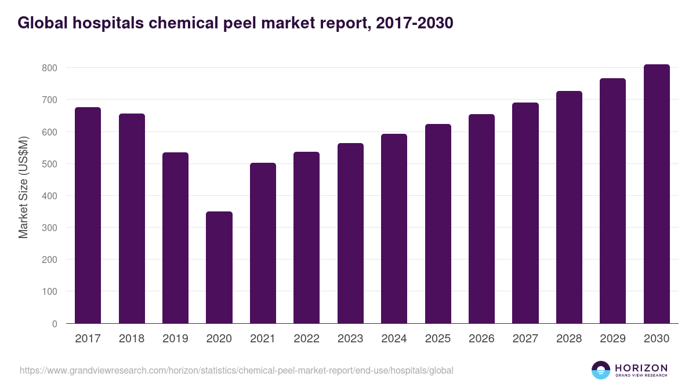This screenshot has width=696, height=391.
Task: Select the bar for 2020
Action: (x=219, y=268)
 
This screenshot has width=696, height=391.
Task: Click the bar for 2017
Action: (x=88, y=215)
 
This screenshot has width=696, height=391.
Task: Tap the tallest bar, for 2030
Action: (x=657, y=194)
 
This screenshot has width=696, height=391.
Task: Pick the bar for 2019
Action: (x=175, y=238)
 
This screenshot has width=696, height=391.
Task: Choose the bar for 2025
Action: (x=438, y=224)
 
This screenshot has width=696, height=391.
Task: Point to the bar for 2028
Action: (x=569, y=207)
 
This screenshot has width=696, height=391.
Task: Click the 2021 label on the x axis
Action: (x=263, y=339)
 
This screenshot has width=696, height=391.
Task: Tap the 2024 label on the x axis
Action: (x=394, y=339)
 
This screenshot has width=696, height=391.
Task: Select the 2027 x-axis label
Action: (x=525, y=339)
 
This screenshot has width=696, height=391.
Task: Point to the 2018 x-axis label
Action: (x=132, y=339)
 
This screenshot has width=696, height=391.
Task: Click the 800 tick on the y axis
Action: (x=49, y=68)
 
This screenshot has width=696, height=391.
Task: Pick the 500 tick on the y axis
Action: (x=49, y=164)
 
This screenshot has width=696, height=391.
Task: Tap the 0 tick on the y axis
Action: (x=55, y=324)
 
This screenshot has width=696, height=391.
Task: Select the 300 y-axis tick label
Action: (x=49, y=228)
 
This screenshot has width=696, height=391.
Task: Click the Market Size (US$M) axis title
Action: (x=23, y=188)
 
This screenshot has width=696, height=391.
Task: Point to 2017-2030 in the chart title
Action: (x=415, y=23)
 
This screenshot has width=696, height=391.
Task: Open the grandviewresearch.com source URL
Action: (x=237, y=370)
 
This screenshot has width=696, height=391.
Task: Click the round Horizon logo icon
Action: (x=601, y=370)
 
